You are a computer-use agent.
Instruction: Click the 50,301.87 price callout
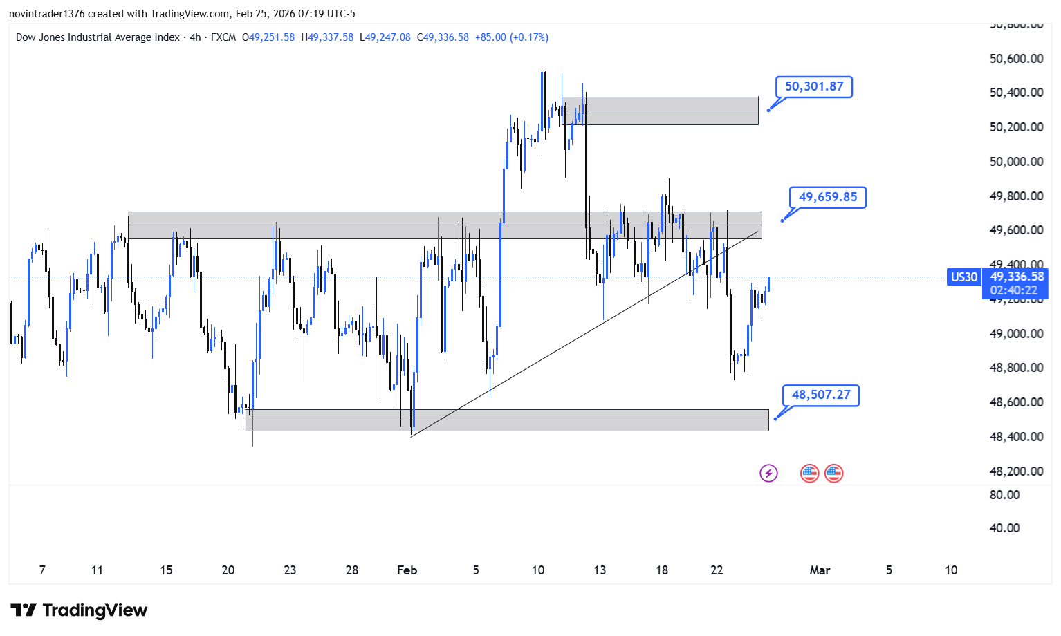814,87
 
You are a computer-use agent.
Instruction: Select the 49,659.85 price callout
828,198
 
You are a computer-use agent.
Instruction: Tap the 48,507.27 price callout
821,395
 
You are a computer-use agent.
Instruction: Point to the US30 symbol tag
964,277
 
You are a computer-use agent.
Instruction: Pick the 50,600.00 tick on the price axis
1016,59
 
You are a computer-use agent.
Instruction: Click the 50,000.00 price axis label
1016,162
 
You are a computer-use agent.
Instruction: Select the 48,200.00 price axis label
1016,471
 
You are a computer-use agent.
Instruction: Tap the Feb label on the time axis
407,570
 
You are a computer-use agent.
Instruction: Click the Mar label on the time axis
820,570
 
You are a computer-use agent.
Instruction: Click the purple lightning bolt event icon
768,474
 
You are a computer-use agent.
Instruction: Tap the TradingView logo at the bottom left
79,610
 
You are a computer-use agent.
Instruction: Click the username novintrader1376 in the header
46,14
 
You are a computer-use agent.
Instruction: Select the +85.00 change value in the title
490,37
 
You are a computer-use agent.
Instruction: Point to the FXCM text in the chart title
223,37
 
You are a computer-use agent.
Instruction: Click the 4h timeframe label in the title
195,37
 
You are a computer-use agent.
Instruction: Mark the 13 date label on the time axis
600,570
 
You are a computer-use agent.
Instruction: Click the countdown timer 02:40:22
1014,291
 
